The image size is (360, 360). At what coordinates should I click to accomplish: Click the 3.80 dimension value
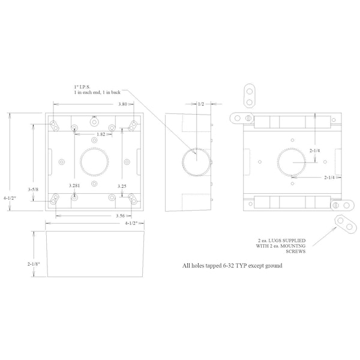tap(122, 104)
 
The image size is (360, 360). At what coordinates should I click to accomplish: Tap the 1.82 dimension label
tap(101, 134)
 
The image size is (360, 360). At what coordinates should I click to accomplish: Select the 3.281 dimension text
tap(74, 185)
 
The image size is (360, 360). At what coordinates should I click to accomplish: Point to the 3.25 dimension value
tap(122, 186)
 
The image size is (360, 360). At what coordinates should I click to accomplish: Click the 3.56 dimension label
tap(121, 215)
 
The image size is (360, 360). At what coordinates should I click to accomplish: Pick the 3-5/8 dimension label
tap(33, 190)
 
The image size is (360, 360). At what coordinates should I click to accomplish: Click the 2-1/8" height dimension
tap(34, 264)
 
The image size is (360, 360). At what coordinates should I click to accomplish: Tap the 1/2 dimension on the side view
tap(201, 104)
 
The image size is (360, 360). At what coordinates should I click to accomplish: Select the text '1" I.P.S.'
tap(82, 87)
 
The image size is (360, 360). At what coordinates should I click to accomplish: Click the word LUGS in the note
tap(275, 241)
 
